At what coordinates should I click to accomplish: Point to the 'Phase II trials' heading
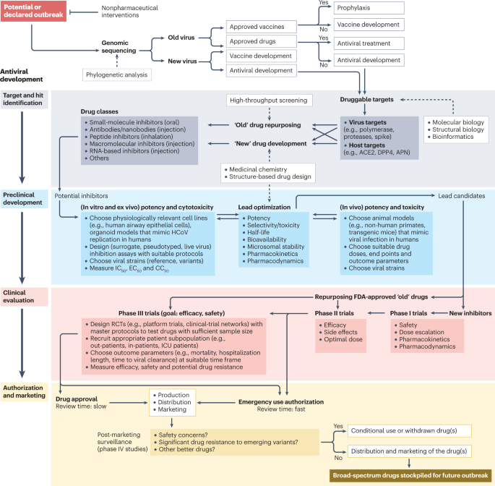[334, 313]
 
